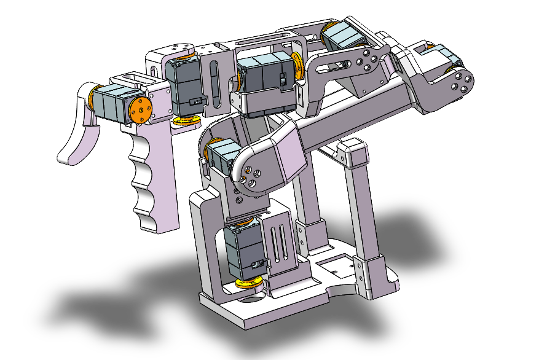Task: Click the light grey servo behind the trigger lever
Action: coord(111,102)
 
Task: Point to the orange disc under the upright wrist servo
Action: coord(187,120)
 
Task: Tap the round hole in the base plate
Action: coord(251,300)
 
